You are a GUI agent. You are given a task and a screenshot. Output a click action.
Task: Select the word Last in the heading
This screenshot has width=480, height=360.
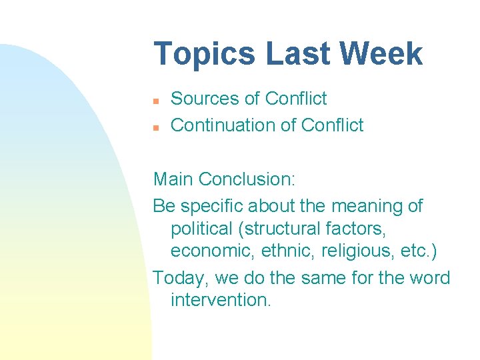tap(291, 53)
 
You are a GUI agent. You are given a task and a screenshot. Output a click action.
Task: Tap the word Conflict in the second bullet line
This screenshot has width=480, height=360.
tap(332, 125)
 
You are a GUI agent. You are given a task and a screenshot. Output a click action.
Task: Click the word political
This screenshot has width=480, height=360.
tap(204, 229)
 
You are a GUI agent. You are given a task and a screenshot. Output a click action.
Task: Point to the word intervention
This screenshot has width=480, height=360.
tap(221, 300)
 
